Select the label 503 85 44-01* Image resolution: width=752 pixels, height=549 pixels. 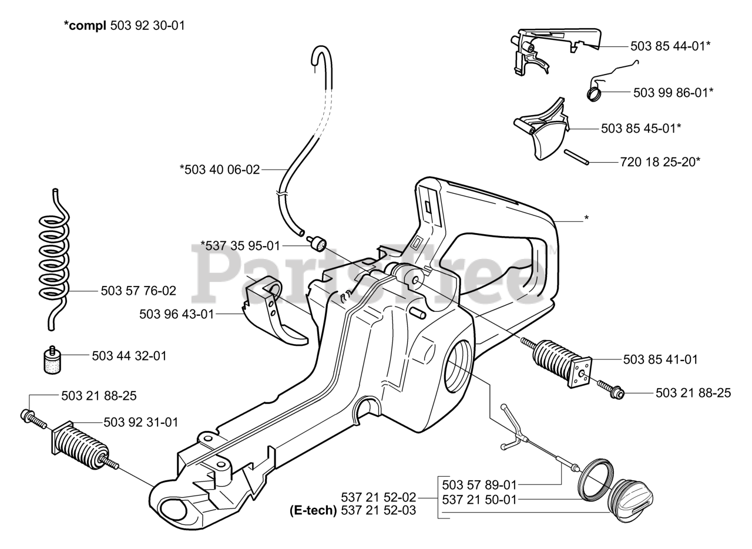point(670,46)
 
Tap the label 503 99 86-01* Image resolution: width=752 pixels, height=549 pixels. point(673,92)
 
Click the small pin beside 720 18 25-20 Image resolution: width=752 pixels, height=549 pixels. point(577,157)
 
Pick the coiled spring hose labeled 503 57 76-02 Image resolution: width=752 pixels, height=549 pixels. point(54,258)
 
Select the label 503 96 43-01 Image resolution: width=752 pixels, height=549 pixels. point(177,314)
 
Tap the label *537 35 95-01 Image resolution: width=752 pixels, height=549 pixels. point(240,245)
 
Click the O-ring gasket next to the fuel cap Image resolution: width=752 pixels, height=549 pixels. point(596,479)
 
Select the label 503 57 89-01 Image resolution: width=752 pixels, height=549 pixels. point(479,485)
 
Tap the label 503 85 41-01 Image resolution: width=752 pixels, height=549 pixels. point(660,359)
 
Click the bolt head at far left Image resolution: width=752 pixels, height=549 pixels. point(27,415)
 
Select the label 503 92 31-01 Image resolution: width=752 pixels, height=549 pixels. point(141,422)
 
